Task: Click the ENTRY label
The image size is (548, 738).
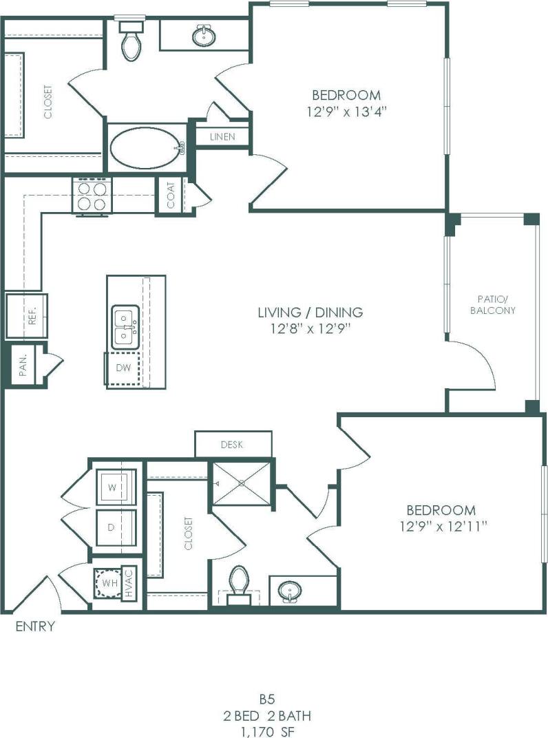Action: tap(35, 626)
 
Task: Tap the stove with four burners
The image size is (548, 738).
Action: tap(92, 196)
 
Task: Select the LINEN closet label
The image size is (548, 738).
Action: tap(222, 137)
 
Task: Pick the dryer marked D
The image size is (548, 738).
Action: tap(116, 529)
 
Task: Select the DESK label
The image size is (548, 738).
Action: tap(232, 445)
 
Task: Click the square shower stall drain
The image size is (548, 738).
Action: tap(242, 483)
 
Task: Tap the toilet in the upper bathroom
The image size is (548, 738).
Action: tap(131, 41)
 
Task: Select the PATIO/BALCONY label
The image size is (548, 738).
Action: tap(493, 305)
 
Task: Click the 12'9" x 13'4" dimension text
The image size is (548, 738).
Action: tap(346, 112)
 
